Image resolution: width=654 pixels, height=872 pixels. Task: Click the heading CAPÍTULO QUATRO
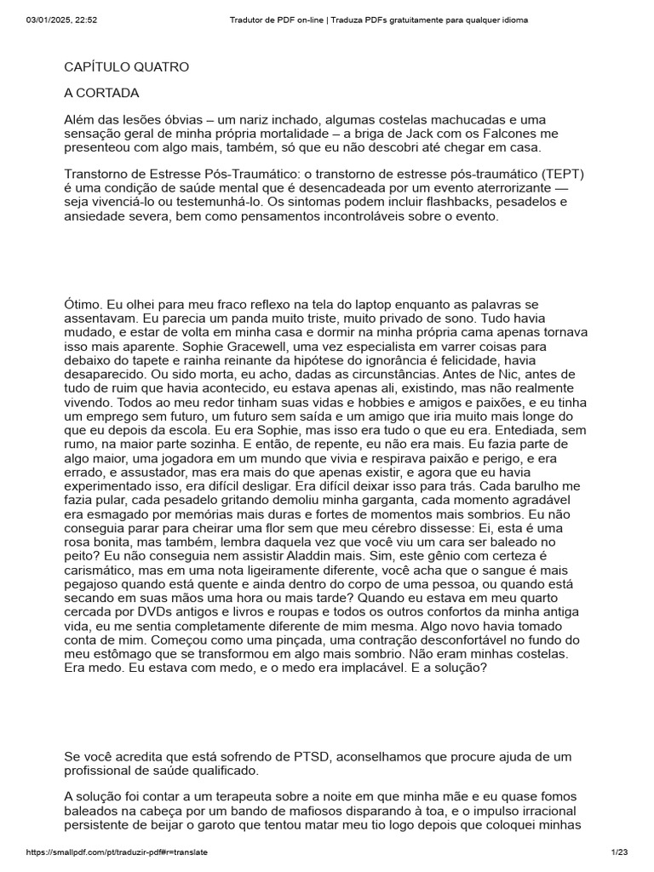(127, 66)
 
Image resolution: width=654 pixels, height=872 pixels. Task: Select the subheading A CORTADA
(101, 93)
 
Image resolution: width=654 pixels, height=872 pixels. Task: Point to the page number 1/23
(618, 852)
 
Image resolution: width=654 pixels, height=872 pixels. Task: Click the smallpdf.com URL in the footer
(118, 852)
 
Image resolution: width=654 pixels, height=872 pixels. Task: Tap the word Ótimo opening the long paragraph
(83, 304)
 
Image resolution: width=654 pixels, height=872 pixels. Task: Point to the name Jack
(447, 134)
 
